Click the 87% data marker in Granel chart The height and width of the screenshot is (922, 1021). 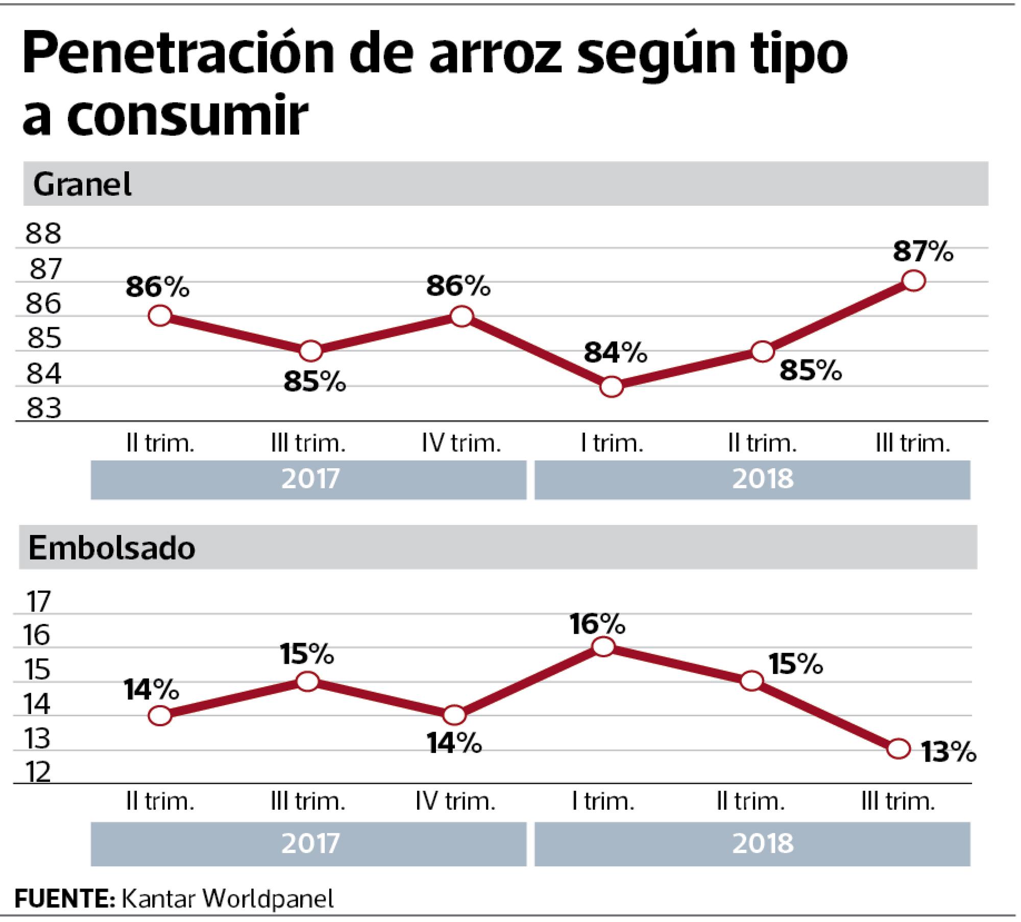(913, 281)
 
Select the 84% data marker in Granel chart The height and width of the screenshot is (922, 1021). (612, 387)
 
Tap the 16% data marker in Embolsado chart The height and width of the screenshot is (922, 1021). (604, 646)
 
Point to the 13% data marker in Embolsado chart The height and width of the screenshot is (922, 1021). (898, 749)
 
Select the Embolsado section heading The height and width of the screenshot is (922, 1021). (112, 548)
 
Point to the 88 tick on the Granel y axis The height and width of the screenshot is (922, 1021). (43, 234)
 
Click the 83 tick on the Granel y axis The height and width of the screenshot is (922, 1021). (44, 409)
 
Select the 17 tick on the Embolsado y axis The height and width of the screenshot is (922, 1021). (39, 602)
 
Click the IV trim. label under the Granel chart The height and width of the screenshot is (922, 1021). (461, 444)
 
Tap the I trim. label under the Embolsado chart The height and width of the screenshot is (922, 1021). (603, 802)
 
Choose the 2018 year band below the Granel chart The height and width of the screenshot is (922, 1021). (763, 479)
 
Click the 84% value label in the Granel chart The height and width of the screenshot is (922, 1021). (615, 353)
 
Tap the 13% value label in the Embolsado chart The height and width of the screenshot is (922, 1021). (948, 752)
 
